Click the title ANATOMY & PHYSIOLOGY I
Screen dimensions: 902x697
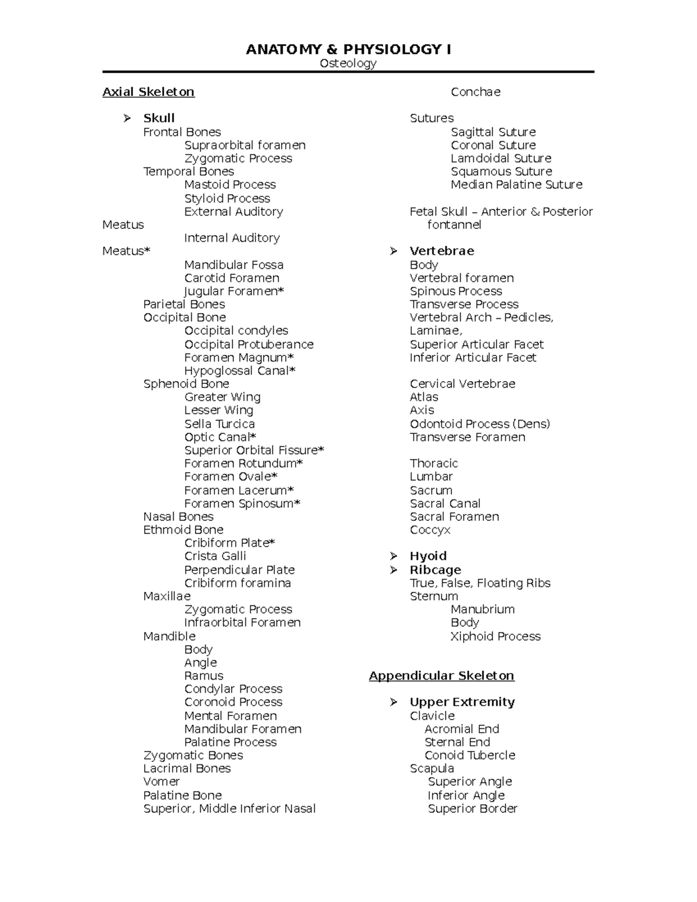(x=348, y=49)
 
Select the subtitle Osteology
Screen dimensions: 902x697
(x=348, y=63)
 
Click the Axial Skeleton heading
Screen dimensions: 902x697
(x=148, y=92)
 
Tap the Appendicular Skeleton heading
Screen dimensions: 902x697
(x=441, y=675)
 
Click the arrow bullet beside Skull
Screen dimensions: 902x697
(x=127, y=118)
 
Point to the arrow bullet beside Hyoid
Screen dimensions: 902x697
(x=394, y=556)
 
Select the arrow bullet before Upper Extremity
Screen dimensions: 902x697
(x=394, y=702)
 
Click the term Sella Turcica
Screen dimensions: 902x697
(x=220, y=424)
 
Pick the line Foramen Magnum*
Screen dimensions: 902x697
(x=239, y=358)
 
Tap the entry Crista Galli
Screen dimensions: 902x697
(x=215, y=556)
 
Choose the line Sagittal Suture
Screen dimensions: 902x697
(x=493, y=132)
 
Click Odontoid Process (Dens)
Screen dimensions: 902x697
(x=480, y=424)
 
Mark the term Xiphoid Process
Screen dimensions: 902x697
(x=495, y=637)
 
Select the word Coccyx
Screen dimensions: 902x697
(x=430, y=530)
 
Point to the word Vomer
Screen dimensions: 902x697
(x=161, y=782)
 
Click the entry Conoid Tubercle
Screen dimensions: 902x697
(x=470, y=755)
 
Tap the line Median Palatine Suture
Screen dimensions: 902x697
(x=516, y=185)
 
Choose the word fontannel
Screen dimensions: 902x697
(x=454, y=225)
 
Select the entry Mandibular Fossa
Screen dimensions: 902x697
(x=234, y=265)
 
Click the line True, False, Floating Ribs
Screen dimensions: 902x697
(x=480, y=583)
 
